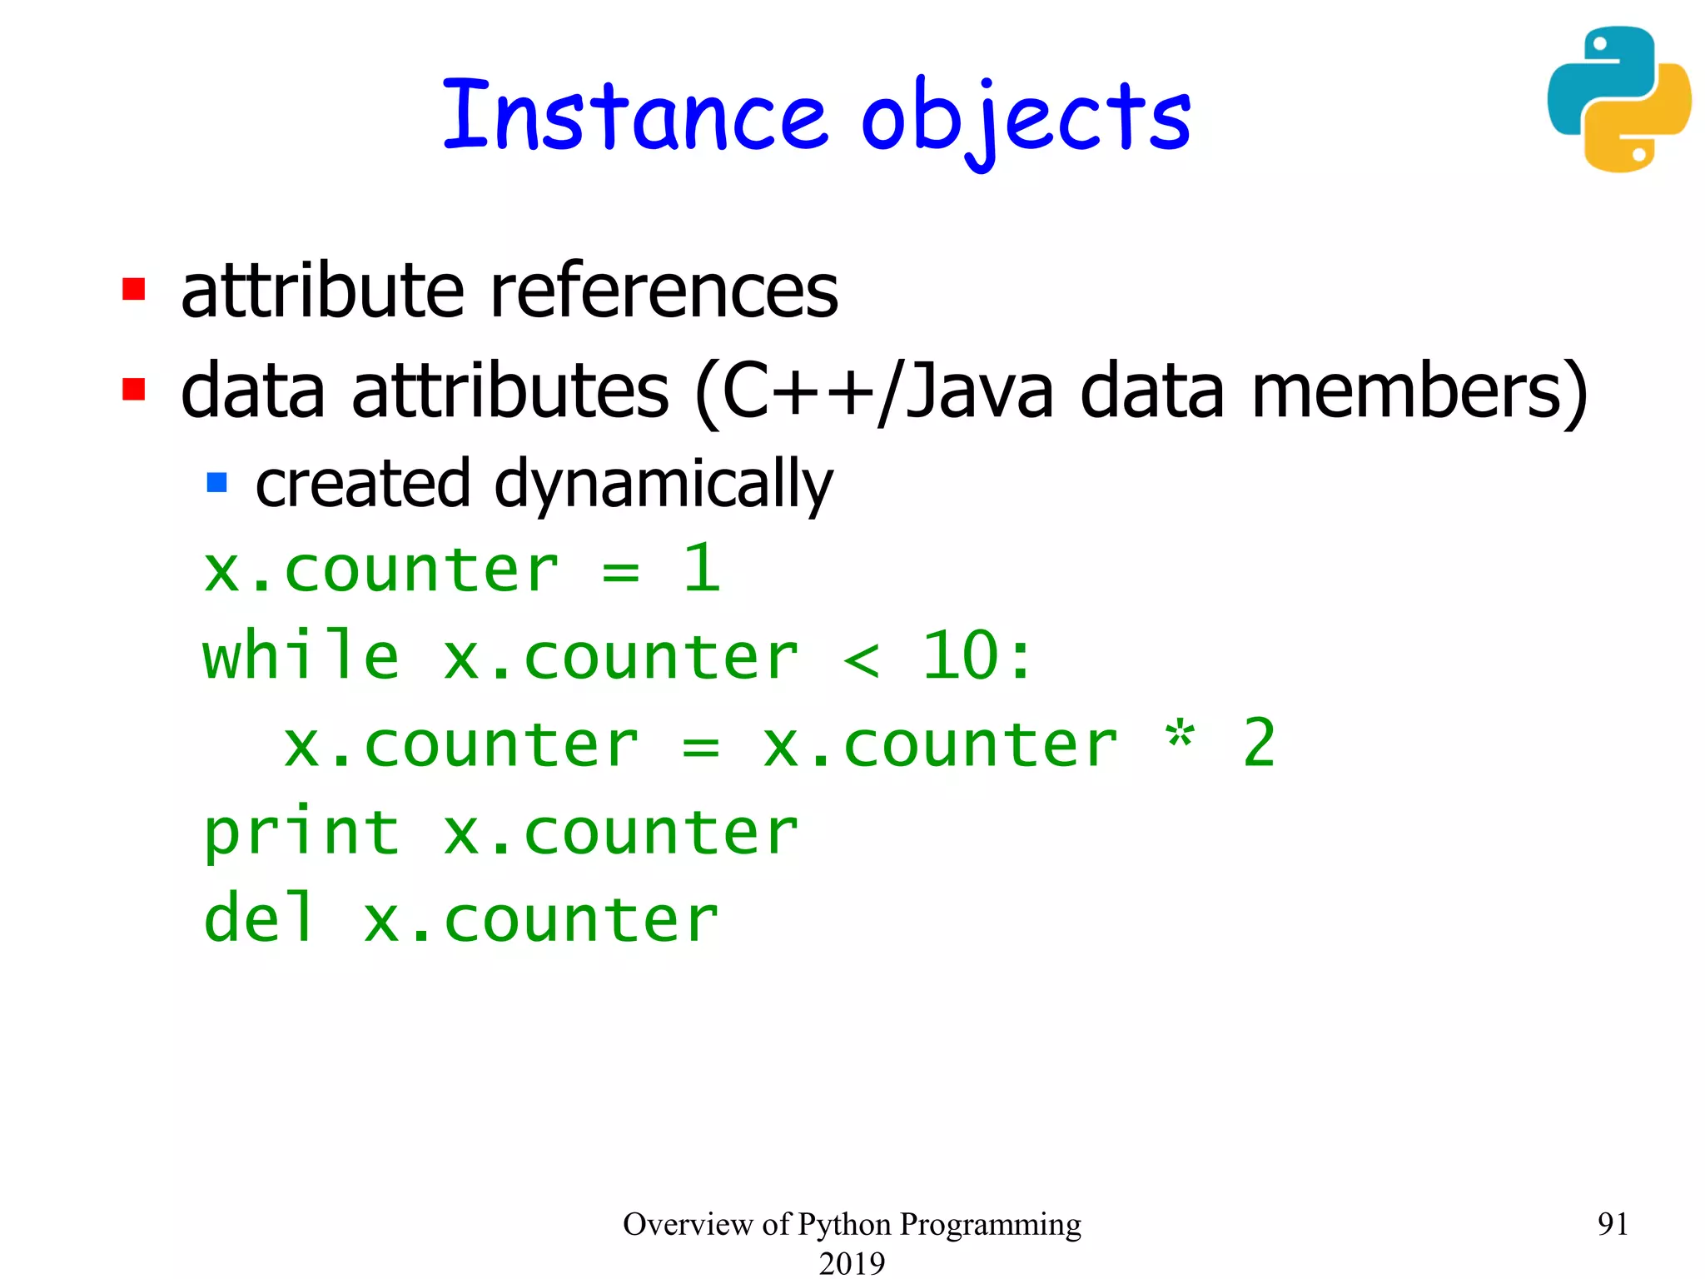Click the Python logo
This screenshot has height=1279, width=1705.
click(1618, 99)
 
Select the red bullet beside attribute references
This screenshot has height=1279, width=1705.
click(134, 289)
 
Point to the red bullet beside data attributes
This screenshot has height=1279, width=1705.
click(134, 389)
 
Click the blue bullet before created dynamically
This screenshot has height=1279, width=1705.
click(216, 482)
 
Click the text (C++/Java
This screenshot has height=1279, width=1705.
click(875, 391)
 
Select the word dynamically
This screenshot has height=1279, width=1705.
click(663, 485)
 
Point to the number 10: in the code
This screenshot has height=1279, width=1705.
click(977, 656)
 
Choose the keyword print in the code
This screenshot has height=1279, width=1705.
click(301, 833)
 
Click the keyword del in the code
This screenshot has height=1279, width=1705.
click(261, 918)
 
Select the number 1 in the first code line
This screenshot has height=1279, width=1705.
click(702, 569)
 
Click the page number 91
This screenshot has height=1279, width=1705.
click(1613, 1223)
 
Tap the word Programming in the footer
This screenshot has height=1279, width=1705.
click(991, 1224)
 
